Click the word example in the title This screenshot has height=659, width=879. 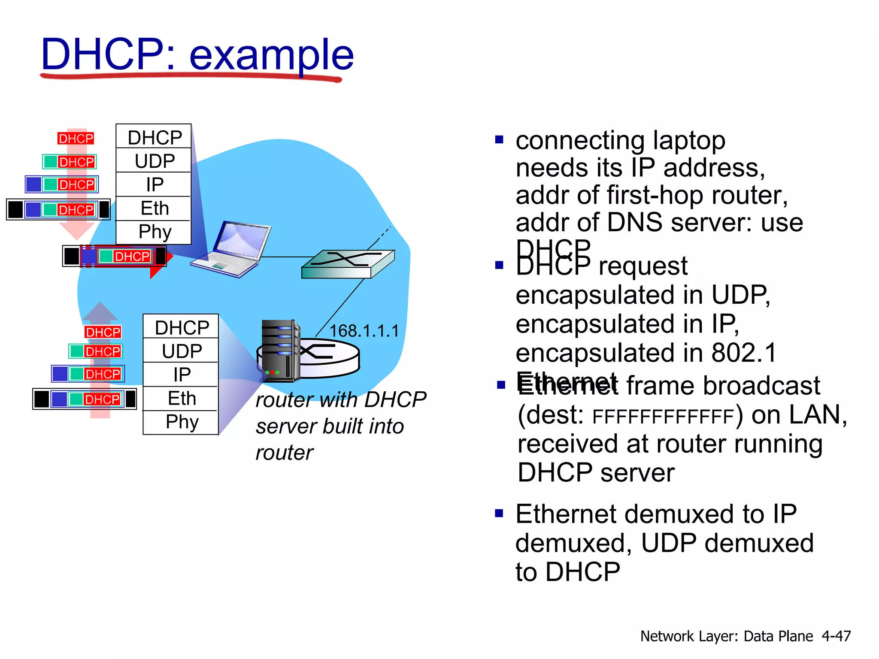(x=271, y=55)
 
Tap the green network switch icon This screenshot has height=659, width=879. (x=348, y=264)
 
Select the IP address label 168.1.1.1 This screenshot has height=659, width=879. (x=364, y=331)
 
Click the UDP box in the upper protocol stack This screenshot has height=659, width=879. (x=155, y=161)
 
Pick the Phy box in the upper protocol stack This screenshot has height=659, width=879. (x=155, y=232)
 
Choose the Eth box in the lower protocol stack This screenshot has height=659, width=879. (x=182, y=399)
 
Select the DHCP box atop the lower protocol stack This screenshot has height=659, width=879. (x=182, y=327)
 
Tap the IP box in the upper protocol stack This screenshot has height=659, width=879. (x=155, y=184)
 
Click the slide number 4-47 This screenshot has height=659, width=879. (x=836, y=636)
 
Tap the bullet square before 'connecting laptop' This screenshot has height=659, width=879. (x=499, y=139)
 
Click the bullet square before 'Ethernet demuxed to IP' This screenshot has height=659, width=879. (x=499, y=513)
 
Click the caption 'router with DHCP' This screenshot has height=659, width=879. (x=341, y=400)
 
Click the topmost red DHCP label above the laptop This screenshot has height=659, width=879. (x=76, y=139)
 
